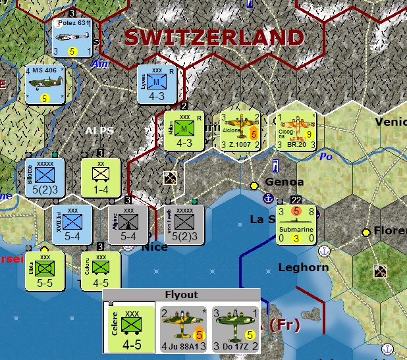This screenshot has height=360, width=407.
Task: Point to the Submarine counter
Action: [296, 225]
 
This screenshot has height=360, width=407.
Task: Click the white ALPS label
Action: [99, 130]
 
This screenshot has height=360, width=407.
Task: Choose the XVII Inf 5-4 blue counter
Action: [72, 224]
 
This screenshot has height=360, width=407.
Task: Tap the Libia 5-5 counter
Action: [45, 270]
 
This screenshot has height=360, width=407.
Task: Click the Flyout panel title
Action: [180, 295]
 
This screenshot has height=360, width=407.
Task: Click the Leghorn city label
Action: [303, 267]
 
